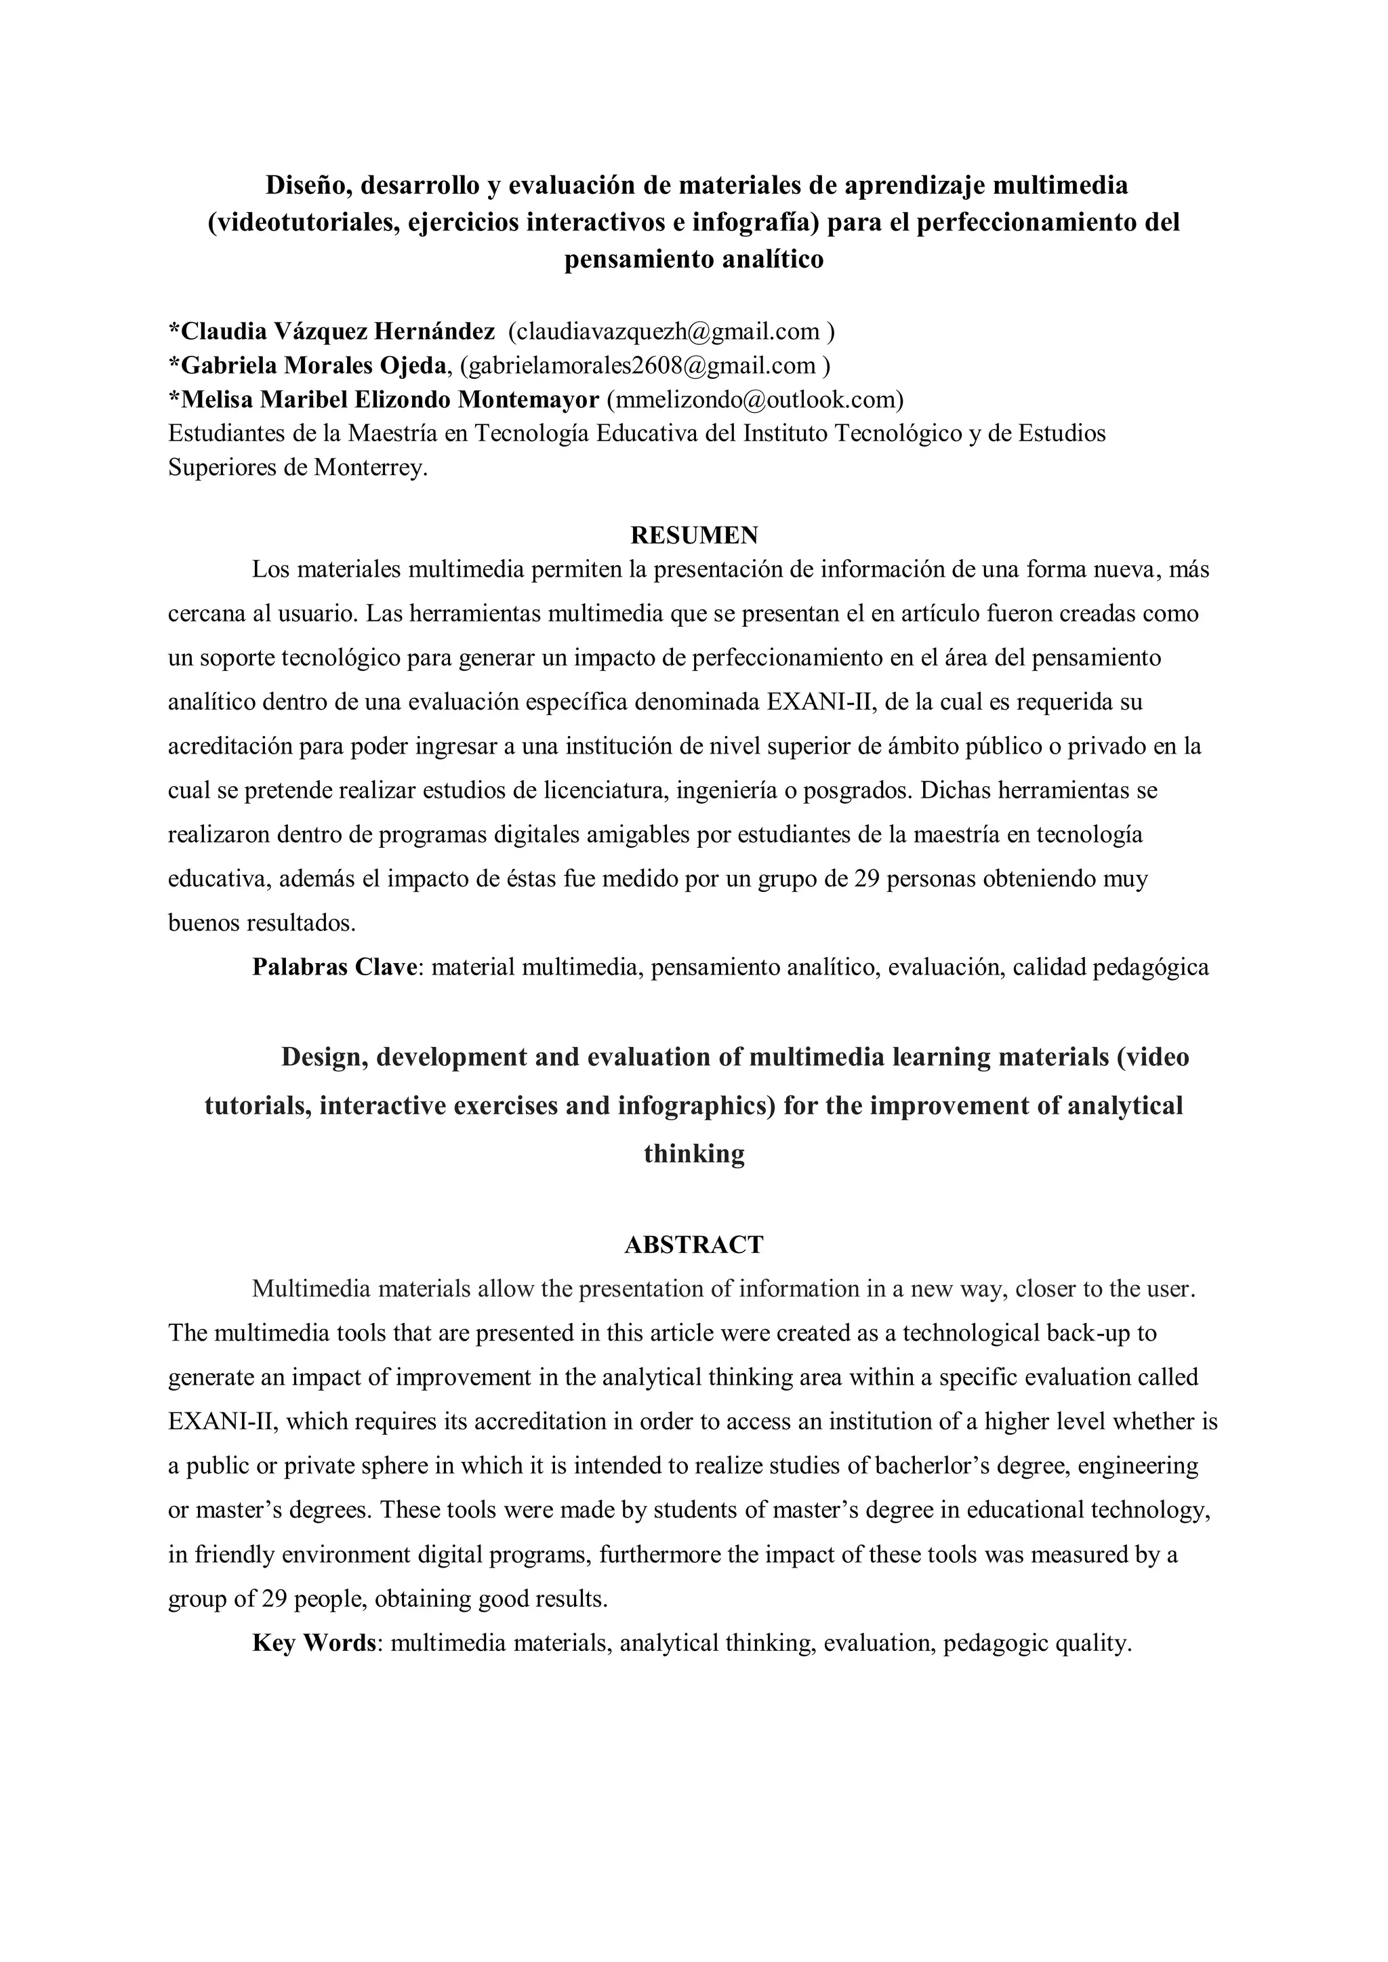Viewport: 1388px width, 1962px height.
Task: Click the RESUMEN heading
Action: pos(693,535)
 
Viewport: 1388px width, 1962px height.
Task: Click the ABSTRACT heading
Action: pos(693,1244)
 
